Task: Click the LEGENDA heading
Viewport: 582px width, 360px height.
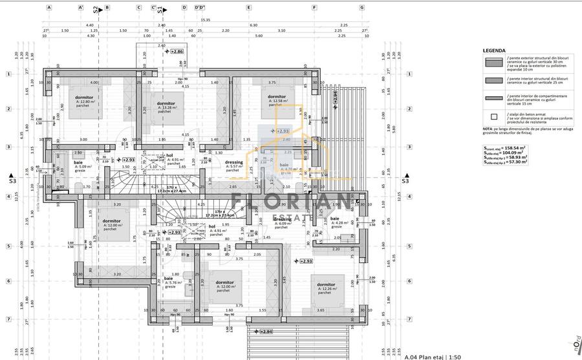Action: pyautogui.click(x=494, y=50)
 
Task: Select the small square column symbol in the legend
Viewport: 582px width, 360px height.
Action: pyautogui.click(x=494, y=117)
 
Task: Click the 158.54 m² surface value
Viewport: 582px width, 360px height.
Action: pyautogui.click(x=514, y=147)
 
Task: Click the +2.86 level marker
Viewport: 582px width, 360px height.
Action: pyautogui.click(x=177, y=51)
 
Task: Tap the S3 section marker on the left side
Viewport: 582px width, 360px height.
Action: pyautogui.click(x=12, y=182)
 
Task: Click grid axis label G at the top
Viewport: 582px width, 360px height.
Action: pyautogui.click(x=362, y=8)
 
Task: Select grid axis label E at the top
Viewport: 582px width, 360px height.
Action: pyautogui.click(x=249, y=8)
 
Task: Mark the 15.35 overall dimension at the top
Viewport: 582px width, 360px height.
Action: pyautogui.click(x=205, y=19)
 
